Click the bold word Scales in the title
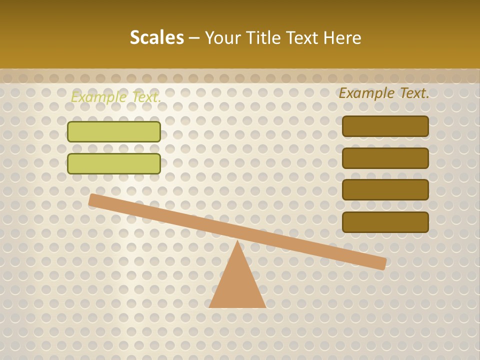click(x=156, y=37)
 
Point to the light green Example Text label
click(x=116, y=97)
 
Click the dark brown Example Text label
click(x=384, y=93)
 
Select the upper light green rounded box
click(x=114, y=131)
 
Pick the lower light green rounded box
click(x=114, y=163)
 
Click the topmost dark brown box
click(x=385, y=126)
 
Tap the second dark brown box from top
click(x=385, y=158)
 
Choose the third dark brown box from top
click(x=385, y=189)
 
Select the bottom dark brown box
click(x=385, y=222)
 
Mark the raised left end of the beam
click(x=93, y=199)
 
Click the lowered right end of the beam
click(x=382, y=263)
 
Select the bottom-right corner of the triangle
click(x=264, y=306)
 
